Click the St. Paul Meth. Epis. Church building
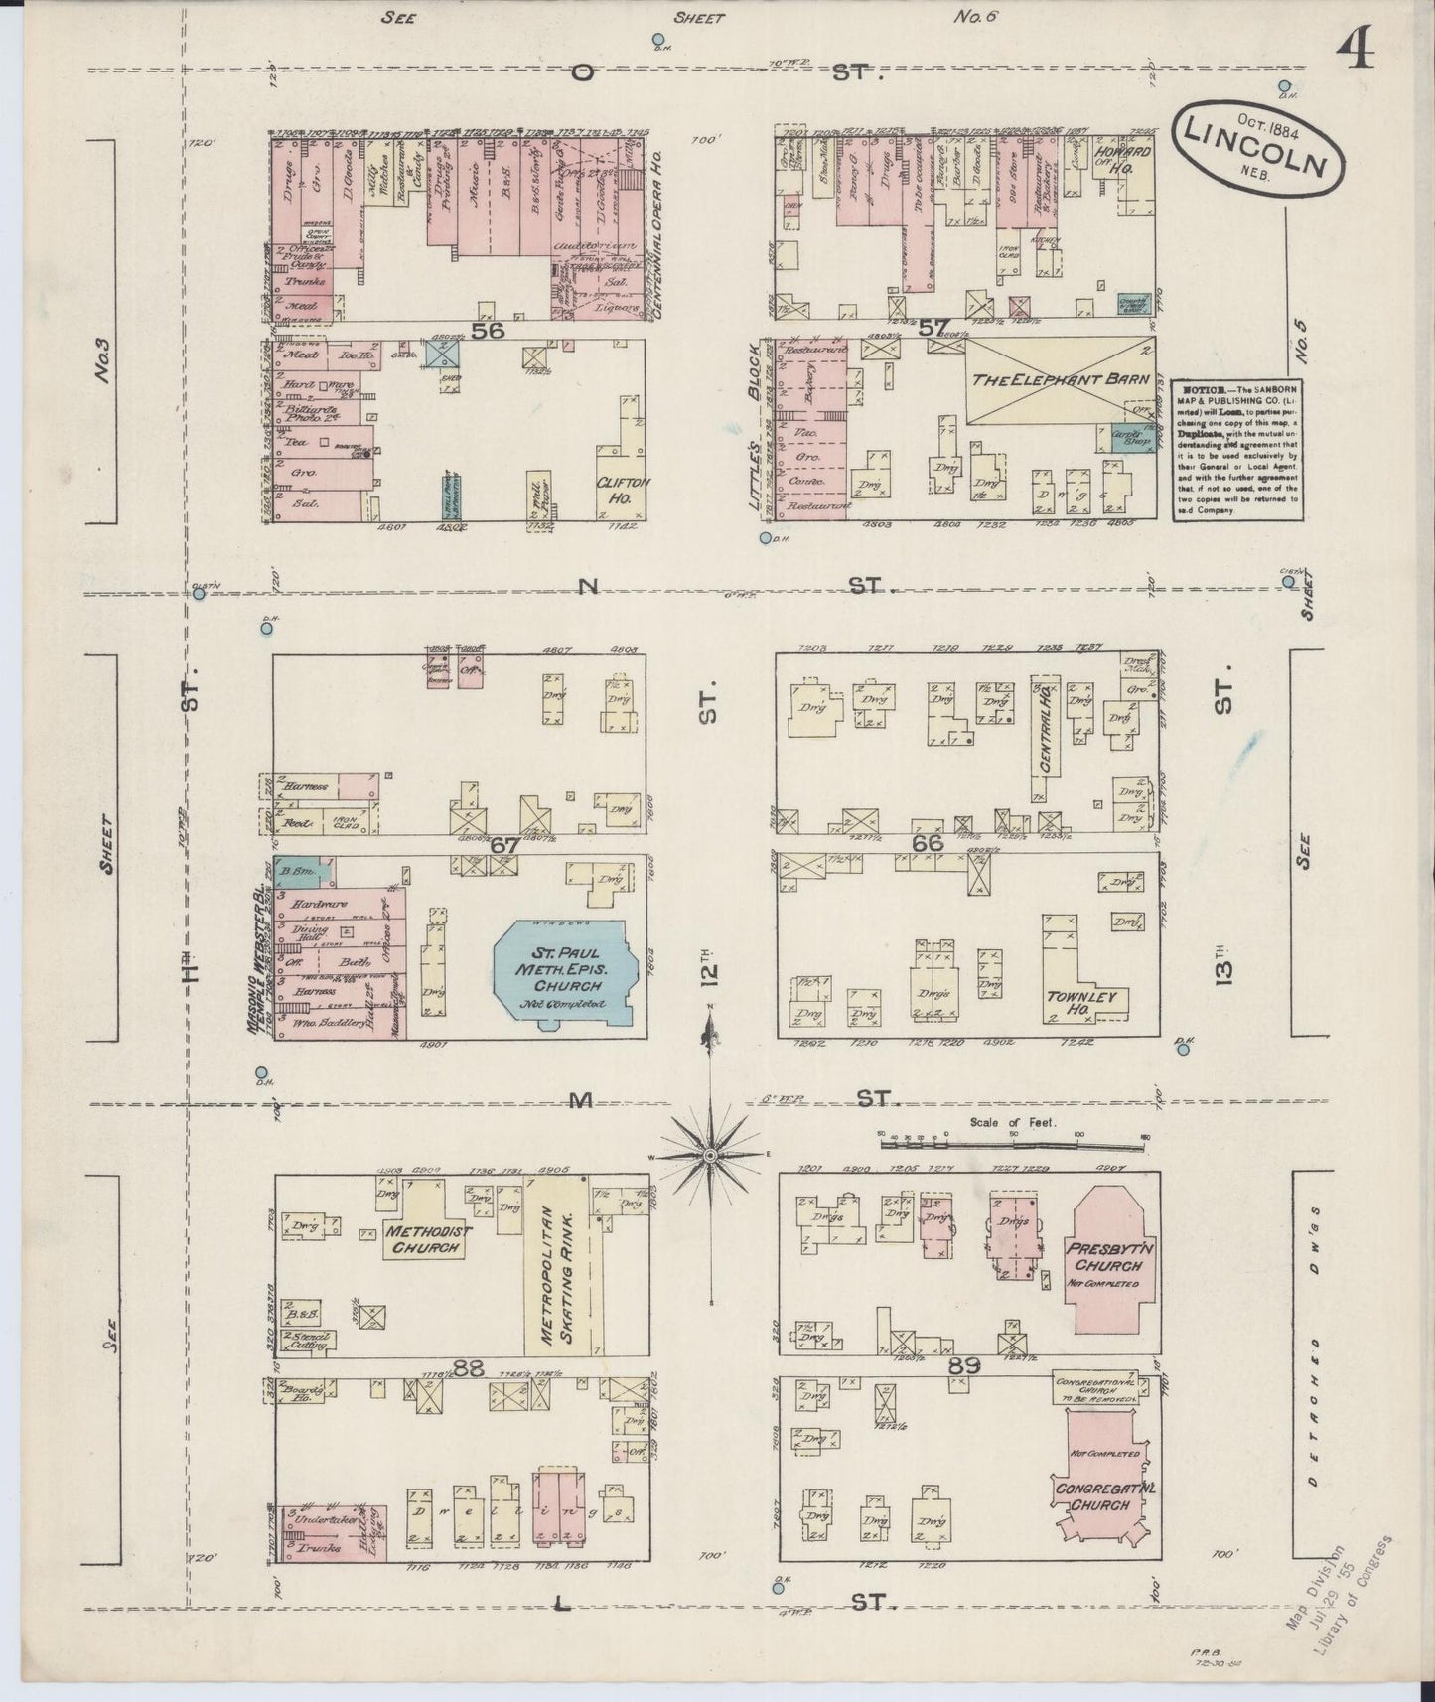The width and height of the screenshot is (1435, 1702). tap(564, 973)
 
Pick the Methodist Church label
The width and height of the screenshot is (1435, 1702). tap(428, 1239)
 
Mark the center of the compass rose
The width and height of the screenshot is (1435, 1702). tap(711, 1157)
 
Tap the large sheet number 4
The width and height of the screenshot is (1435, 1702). tap(1355, 47)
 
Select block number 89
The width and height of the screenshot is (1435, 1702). tap(963, 1366)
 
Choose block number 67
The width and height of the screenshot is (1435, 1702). tap(504, 845)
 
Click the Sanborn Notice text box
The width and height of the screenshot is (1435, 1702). tap(1235, 448)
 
